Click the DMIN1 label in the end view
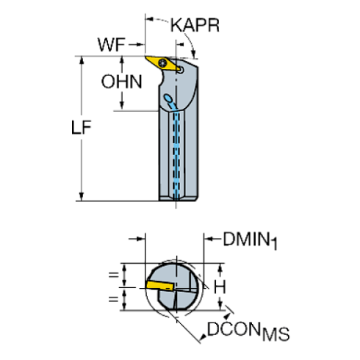click(250, 240)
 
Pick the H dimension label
click(219, 285)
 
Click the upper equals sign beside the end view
click(113, 276)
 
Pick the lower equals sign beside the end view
click(113, 298)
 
